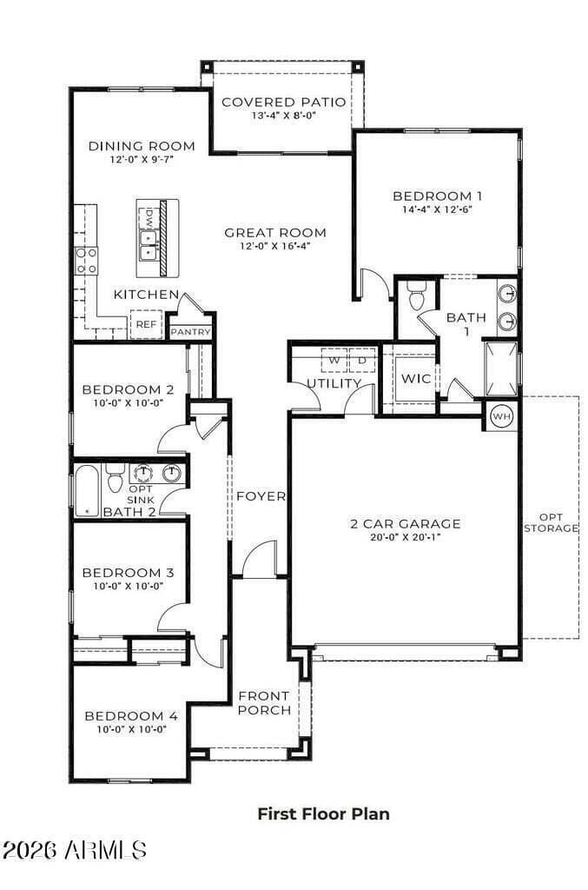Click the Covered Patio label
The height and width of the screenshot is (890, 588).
283,102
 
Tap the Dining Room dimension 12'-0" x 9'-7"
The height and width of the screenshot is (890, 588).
141,160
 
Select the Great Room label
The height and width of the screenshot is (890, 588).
275,232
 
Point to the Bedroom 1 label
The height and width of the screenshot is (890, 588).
437,196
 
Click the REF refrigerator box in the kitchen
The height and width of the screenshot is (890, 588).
145,325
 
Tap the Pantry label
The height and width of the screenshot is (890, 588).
190,332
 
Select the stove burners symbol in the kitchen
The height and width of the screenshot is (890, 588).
86,260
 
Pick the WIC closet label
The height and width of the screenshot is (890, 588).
414,379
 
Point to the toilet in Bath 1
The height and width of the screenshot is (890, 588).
416,299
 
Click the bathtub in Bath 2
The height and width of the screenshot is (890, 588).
87,491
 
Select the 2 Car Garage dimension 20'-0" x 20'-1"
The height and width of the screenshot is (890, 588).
406,537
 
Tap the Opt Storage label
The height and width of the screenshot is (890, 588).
551,522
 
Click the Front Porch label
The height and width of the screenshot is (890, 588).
264,702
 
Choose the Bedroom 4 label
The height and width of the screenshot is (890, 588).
131,716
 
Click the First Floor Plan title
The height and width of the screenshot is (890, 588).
323,814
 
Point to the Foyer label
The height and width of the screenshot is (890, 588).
261,496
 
